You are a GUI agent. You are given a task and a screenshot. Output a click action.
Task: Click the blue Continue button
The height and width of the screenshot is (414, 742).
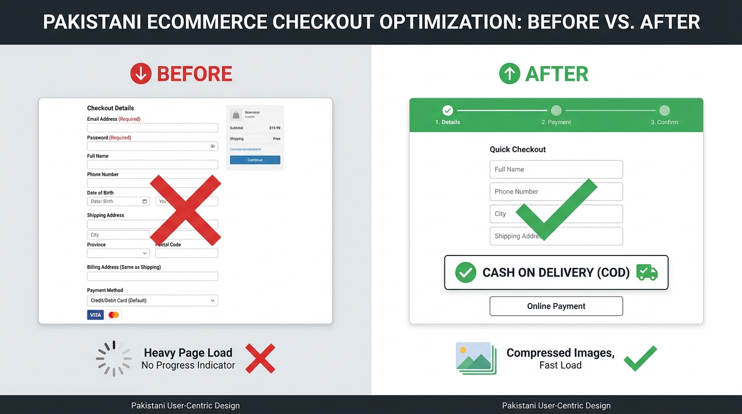click(255, 160)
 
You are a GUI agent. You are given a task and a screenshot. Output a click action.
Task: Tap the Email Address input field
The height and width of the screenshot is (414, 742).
click(153, 128)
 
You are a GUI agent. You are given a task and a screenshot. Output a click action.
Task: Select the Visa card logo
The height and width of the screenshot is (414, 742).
click(95, 315)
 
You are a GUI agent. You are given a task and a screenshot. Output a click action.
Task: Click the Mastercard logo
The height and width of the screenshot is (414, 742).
click(113, 315)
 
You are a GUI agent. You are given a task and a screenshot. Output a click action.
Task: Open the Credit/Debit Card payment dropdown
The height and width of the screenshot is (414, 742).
click(153, 301)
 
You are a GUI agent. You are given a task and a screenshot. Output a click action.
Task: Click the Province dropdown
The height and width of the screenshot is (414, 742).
click(118, 253)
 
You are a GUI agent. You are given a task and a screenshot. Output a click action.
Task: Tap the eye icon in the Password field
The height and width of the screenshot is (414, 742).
click(212, 146)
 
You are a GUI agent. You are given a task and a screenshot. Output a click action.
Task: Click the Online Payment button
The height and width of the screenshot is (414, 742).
click(556, 306)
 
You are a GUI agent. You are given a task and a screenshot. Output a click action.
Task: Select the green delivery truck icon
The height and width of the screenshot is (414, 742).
click(647, 272)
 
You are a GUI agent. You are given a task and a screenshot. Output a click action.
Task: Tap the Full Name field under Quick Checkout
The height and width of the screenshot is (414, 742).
click(556, 169)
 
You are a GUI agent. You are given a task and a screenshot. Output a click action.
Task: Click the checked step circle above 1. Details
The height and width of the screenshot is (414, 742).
click(448, 111)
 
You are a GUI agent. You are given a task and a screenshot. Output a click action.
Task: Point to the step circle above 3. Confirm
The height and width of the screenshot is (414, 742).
click(664, 111)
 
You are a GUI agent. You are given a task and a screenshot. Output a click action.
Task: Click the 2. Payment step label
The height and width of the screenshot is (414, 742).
click(556, 122)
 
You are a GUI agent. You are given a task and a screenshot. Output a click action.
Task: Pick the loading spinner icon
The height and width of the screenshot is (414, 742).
click(114, 358)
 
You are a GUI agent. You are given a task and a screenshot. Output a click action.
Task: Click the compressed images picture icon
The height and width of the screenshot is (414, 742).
click(476, 358)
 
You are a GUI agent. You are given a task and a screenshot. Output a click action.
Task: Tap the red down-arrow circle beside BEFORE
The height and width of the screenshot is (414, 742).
click(141, 74)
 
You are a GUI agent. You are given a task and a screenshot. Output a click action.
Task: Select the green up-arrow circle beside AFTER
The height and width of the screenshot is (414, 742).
click(509, 74)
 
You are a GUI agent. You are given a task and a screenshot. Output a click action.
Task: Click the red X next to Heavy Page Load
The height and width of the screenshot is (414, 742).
click(260, 358)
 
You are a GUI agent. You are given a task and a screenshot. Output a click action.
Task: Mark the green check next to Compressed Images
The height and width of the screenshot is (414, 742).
click(640, 358)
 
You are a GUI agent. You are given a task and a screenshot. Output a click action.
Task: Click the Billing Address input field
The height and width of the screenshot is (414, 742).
click(153, 277)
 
